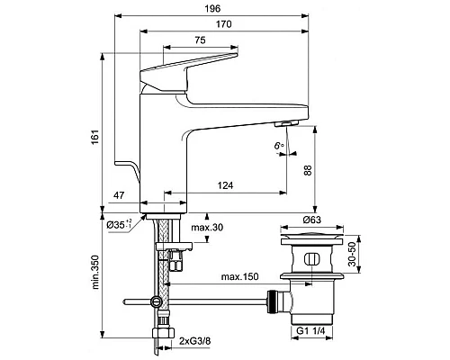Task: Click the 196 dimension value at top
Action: [212, 8]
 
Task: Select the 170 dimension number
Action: [224, 24]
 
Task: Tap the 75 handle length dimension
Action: [200, 40]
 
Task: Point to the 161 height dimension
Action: [95, 137]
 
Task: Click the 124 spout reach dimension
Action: [225, 185]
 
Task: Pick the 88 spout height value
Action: [308, 170]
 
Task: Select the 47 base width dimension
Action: [119, 195]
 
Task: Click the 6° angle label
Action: [279, 146]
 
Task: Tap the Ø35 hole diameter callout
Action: [120, 224]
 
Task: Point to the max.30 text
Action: [207, 228]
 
